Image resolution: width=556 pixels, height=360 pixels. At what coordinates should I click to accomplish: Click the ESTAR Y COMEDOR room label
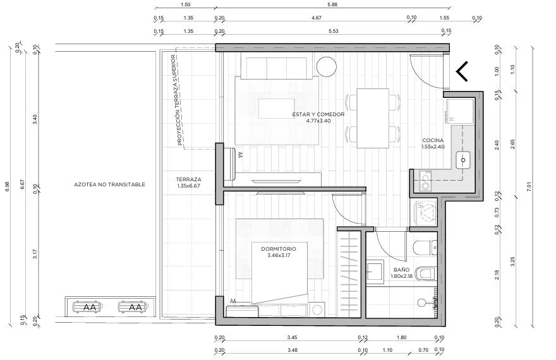pyautogui.click(x=318, y=114)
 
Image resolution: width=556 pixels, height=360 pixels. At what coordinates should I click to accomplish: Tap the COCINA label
pyautogui.click(x=433, y=140)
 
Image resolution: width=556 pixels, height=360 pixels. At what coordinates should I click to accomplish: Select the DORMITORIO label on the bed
pyautogui.click(x=279, y=249)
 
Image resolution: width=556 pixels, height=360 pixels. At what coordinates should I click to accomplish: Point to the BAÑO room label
pyautogui.click(x=401, y=270)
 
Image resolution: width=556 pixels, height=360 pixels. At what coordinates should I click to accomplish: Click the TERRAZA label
pyautogui.click(x=189, y=179)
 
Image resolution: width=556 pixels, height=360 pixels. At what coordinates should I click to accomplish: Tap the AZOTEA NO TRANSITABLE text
pyautogui.click(x=109, y=184)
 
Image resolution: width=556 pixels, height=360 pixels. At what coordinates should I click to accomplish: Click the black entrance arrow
pyautogui.click(x=462, y=71)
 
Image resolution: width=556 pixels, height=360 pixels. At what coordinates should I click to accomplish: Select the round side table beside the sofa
pyautogui.click(x=326, y=66)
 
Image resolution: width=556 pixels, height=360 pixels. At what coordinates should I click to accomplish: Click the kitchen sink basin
pyautogui.click(x=462, y=160)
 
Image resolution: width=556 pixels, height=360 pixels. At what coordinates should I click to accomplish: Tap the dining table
pyautogui.click(x=373, y=118)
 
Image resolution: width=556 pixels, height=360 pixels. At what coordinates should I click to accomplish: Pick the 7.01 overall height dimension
pyautogui.click(x=529, y=187)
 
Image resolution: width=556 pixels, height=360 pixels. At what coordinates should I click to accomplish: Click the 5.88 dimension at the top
pyautogui.click(x=332, y=4)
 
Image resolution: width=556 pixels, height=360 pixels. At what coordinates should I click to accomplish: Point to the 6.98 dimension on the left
pyautogui.click(x=8, y=187)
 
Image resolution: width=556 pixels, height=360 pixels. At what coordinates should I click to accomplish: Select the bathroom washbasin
pyautogui.click(x=375, y=273)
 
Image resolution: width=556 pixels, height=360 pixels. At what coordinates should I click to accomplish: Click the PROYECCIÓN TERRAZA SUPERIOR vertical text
pyautogui.click(x=176, y=100)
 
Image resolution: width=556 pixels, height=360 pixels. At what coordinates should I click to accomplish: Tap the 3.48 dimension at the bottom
pyautogui.click(x=292, y=350)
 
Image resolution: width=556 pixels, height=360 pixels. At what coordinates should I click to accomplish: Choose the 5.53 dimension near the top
pyautogui.click(x=334, y=31)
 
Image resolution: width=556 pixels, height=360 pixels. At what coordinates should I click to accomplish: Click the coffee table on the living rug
pyautogui.click(x=276, y=109)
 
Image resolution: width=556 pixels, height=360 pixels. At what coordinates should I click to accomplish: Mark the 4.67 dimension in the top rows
pyautogui.click(x=317, y=18)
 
